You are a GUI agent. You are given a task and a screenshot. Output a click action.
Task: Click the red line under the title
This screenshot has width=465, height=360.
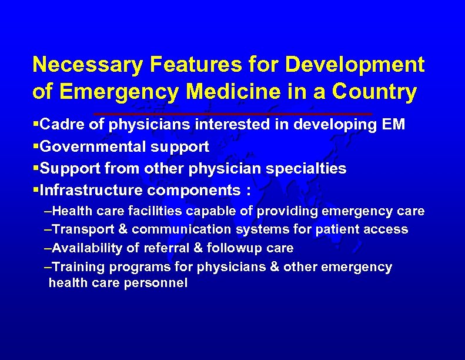tap(233, 113)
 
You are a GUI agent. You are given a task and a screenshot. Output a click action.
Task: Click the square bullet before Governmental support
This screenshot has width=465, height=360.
tap(36, 146)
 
